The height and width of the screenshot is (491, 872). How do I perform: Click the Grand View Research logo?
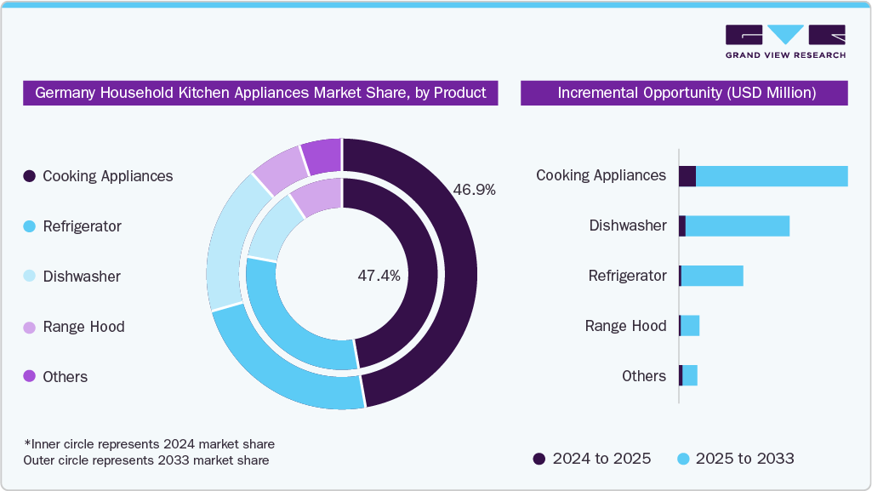[784, 41]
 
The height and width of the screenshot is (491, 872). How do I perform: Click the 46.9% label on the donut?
[474, 190]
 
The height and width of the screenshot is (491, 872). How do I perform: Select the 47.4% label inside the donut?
[379, 276]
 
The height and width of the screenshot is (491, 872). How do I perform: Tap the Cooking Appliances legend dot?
[30, 176]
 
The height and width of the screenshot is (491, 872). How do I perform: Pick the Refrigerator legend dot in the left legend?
[30, 226]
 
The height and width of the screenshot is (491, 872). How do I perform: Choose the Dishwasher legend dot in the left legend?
[30, 277]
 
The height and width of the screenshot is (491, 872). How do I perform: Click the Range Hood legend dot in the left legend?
[30, 327]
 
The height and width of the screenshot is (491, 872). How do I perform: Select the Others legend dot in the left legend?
[30, 377]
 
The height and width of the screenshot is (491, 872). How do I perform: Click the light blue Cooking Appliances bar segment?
[772, 176]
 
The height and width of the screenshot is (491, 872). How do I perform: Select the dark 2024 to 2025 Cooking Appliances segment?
[687, 176]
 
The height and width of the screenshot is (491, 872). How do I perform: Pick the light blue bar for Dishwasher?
[738, 226]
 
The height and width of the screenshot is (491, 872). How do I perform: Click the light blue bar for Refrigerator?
[712, 277]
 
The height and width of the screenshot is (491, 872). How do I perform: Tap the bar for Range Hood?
[690, 326]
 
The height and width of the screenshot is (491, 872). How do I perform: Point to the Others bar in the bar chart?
[689, 376]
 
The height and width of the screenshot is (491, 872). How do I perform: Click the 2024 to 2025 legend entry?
[592, 459]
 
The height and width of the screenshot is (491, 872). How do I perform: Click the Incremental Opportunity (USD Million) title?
[684, 93]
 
